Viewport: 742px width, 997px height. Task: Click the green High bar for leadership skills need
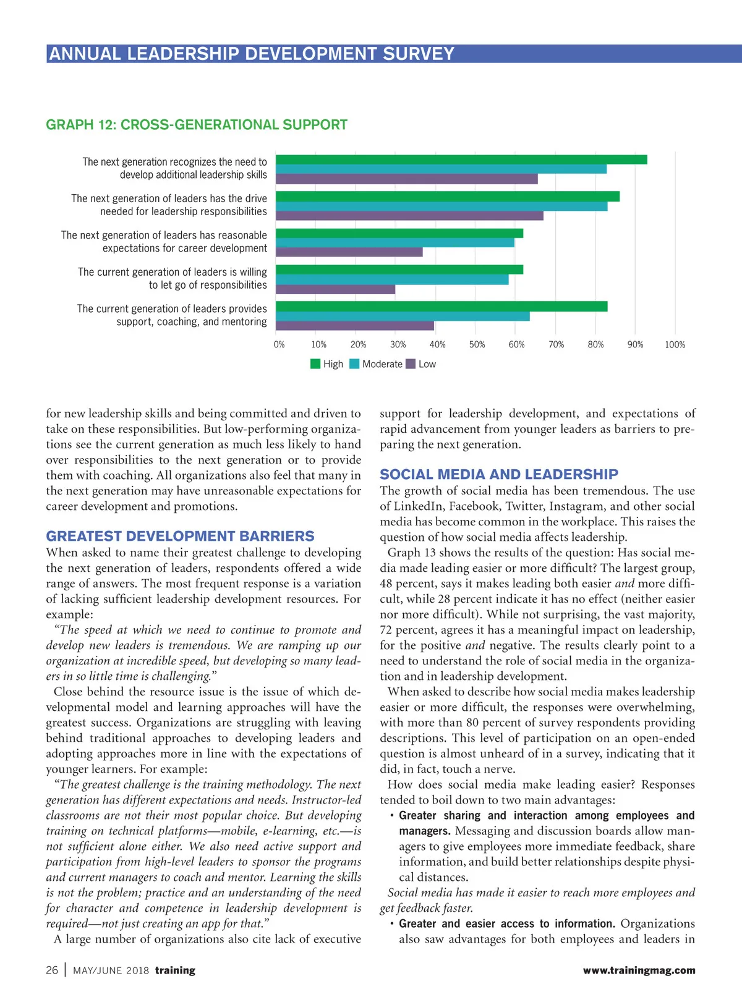(461, 159)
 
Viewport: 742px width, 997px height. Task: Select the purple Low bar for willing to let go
(335, 289)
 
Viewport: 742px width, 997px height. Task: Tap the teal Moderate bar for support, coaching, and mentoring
(403, 316)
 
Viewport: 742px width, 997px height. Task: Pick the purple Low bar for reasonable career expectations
(349, 252)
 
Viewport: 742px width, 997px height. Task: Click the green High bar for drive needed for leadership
(448, 197)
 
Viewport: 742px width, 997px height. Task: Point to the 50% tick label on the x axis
(477, 345)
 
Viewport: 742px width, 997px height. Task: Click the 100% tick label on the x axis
(675, 345)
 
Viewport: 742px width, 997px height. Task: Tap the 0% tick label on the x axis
(279, 345)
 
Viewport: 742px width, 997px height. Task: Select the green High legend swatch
(315, 364)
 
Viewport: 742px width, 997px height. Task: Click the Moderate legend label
(382, 364)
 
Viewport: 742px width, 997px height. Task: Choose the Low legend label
(427, 364)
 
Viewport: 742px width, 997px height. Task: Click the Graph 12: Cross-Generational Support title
(197, 125)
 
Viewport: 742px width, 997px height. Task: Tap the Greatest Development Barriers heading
(180, 536)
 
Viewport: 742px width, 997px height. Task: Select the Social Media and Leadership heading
(499, 474)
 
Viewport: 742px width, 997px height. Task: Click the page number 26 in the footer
(52, 970)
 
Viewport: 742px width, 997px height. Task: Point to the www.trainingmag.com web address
(639, 970)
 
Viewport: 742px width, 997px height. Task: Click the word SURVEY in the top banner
(419, 54)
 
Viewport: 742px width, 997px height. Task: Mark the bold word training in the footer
(175, 970)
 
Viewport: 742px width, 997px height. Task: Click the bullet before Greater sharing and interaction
(392, 816)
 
